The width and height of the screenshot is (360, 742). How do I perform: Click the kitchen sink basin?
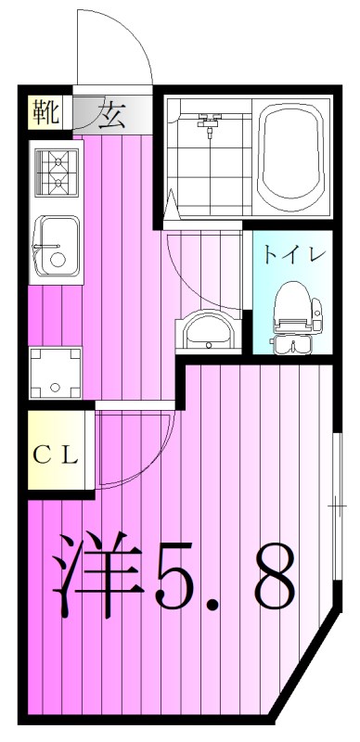(x=54, y=247)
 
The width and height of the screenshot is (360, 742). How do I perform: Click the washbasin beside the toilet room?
(x=209, y=328)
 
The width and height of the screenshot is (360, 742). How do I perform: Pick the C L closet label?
(x=58, y=454)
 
